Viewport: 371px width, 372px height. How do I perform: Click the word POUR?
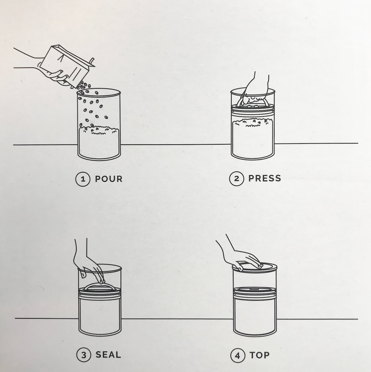coord(109,179)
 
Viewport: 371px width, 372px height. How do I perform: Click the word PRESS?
coord(264,178)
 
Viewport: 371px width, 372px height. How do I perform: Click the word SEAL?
coord(108,354)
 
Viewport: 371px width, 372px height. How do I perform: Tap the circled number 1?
coord(83,179)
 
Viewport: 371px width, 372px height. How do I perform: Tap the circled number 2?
coord(236,178)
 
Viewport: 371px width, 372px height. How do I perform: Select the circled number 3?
coord(84,355)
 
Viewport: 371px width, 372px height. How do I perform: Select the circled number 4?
coord(238,355)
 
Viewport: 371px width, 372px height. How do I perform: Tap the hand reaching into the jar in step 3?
coord(90,265)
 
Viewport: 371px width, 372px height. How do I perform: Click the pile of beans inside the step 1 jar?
coord(99,131)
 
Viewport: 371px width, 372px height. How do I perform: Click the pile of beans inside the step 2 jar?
coord(253,123)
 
